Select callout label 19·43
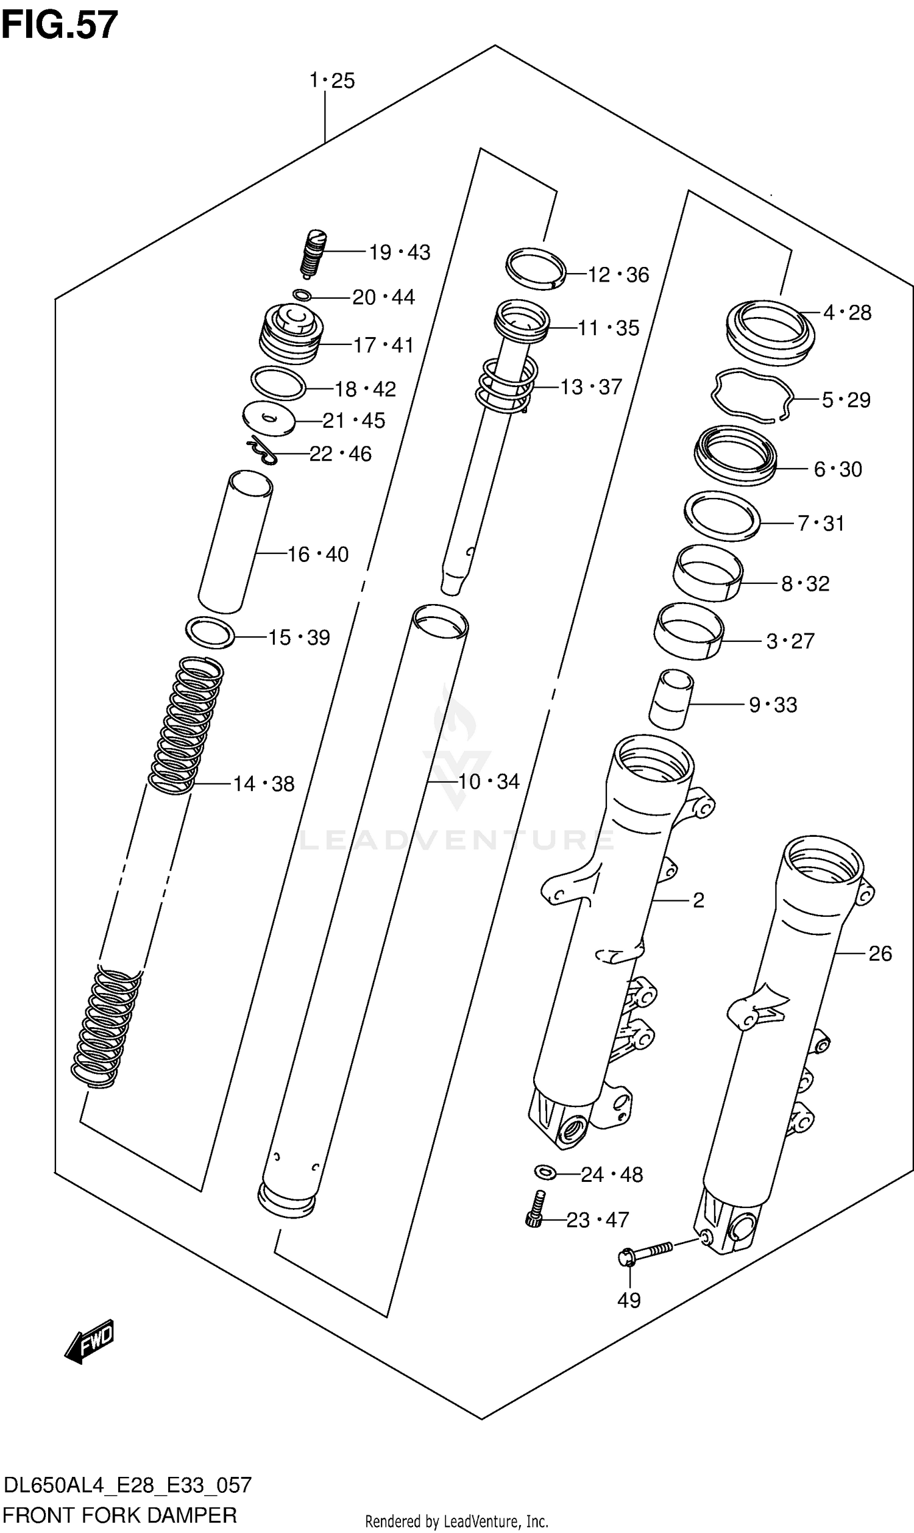click(399, 252)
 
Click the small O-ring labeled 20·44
click(301, 295)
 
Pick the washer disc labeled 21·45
click(269, 419)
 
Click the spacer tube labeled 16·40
click(235, 542)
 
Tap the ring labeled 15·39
click(210, 632)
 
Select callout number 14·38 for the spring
click(264, 784)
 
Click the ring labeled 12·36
click(535, 268)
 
